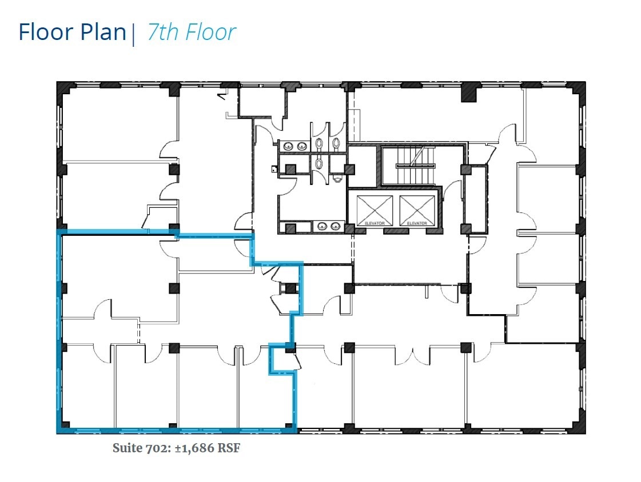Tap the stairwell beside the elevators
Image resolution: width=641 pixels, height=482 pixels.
point(408,164)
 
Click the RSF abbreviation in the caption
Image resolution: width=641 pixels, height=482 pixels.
point(228,448)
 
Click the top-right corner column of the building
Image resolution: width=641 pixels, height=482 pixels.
point(578,89)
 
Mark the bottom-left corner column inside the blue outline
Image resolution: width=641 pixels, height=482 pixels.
point(64,426)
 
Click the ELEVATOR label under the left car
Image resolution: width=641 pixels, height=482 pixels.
point(374,223)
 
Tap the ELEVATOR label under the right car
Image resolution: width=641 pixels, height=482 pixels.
point(417,223)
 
